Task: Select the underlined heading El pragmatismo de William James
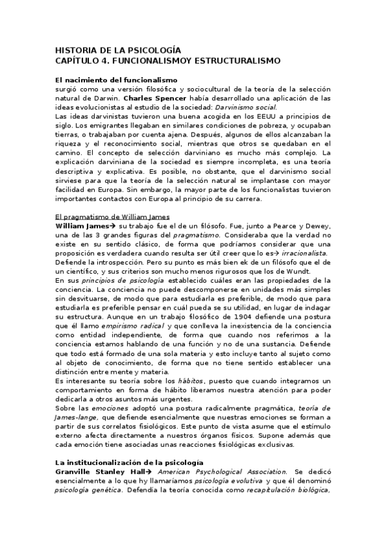click(112, 218)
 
